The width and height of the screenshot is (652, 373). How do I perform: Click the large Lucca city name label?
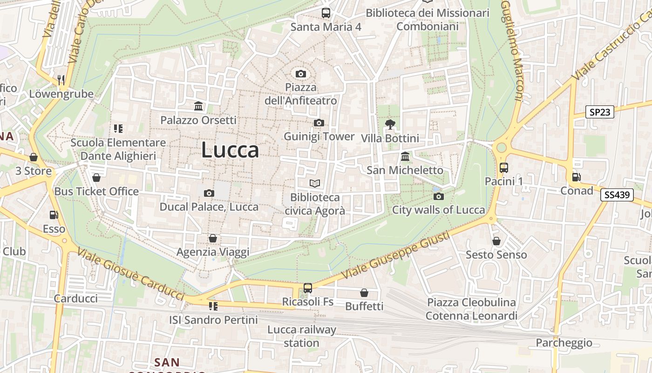click(x=230, y=150)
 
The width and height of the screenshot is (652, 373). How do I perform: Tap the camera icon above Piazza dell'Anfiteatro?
click(x=301, y=74)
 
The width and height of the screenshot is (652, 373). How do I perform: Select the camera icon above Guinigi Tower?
click(x=319, y=123)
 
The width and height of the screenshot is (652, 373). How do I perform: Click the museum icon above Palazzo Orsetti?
click(x=198, y=106)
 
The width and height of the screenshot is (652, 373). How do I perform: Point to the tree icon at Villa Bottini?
click(x=390, y=124)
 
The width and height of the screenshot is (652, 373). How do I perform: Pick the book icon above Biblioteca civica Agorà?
click(x=315, y=184)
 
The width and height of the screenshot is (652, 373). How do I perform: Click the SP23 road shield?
click(x=599, y=112)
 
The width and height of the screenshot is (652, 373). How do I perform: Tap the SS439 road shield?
click(x=617, y=195)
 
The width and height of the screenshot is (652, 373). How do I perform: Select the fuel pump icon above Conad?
click(x=576, y=177)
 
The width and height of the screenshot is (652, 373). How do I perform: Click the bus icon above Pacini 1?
click(x=503, y=168)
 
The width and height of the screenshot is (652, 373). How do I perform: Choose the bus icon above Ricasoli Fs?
click(x=307, y=288)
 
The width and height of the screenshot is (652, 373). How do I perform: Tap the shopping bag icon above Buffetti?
click(x=364, y=293)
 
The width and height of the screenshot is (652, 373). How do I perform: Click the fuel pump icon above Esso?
click(x=54, y=215)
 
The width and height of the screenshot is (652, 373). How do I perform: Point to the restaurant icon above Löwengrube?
click(x=61, y=80)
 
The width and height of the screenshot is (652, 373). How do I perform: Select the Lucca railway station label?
click(x=301, y=337)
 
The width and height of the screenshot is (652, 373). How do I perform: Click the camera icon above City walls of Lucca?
click(x=438, y=196)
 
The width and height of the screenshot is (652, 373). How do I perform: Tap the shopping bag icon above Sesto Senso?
click(x=496, y=241)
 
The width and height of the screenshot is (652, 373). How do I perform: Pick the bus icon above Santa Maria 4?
click(x=326, y=13)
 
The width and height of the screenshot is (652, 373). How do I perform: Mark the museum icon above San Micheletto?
click(x=405, y=157)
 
